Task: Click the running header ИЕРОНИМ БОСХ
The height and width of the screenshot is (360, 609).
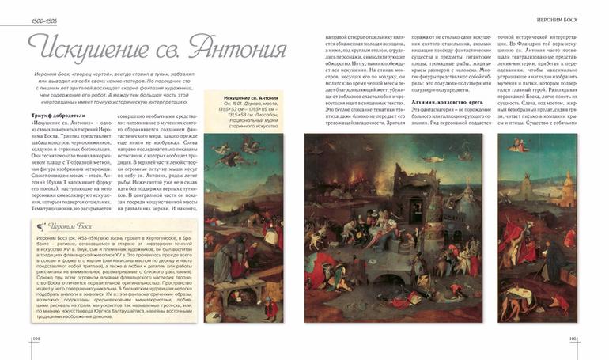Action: [564, 17]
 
